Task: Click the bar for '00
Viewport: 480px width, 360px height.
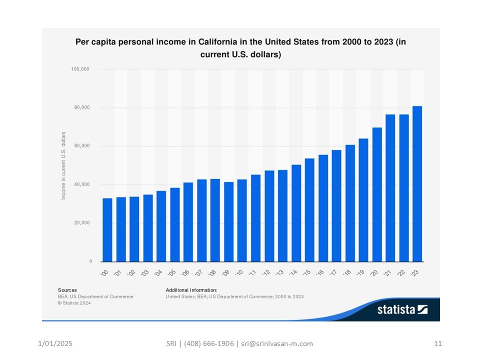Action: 107,229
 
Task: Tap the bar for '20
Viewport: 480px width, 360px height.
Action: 377,194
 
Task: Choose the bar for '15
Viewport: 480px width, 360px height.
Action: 309,210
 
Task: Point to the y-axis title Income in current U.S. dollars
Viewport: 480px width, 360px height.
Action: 63,165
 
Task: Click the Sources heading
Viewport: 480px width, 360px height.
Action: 67,289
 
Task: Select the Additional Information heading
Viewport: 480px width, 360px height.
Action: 191,289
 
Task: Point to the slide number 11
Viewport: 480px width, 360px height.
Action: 438,343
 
